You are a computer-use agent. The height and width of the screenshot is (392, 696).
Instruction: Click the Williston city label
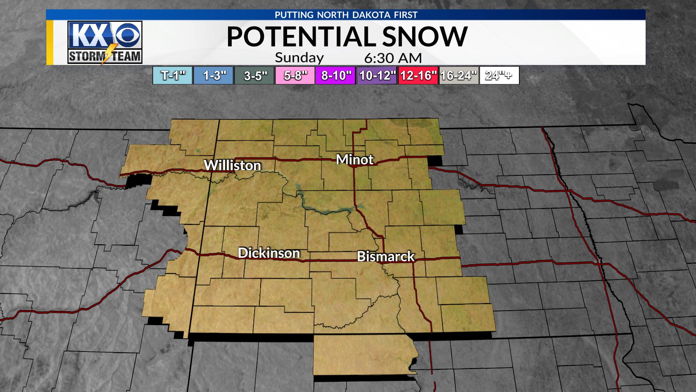pyautogui.click(x=232, y=166)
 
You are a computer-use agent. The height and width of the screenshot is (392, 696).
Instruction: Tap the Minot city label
pyautogui.click(x=355, y=159)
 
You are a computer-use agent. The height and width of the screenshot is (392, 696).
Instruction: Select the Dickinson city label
pyautogui.click(x=269, y=253)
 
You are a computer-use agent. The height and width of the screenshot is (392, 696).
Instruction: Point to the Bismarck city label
pyautogui.click(x=386, y=256)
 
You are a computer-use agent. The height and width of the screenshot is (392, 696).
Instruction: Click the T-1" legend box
pyautogui.click(x=173, y=75)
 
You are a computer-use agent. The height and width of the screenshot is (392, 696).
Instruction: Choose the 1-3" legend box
pyautogui.click(x=214, y=75)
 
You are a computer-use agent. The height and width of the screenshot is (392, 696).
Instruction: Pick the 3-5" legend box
pyautogui.click(x=254, y=75)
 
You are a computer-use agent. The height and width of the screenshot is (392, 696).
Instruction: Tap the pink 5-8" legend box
pyautogui.click(x=295, y=75)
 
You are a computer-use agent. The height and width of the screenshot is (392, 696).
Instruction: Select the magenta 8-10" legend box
pyautogui.click(x=336, y=75)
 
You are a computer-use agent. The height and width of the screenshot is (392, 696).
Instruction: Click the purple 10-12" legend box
pyautogui.click(x=377, y=75)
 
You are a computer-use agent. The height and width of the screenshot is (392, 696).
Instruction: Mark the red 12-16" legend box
pyautogui.click(x=418, y=75)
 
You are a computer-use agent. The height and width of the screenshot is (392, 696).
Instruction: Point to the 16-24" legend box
pyautogui.click(x=459, y=75)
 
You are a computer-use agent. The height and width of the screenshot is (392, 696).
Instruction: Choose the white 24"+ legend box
pyautogui.click(x=499, y=75)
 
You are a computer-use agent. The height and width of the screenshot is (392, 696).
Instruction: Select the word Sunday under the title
pyautogui.click(x=299, y=58)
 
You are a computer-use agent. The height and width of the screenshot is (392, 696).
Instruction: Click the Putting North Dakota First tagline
pyautogui.click(x=346, y=15)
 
